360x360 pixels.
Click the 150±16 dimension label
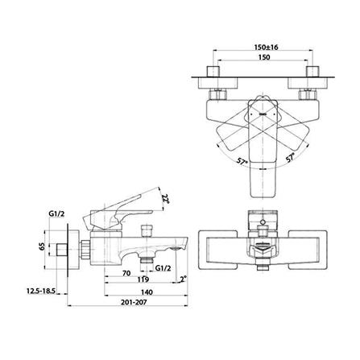pyautogui.click(x=266, y=48)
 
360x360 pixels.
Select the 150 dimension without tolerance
pyautogui.click(x=264, y=57)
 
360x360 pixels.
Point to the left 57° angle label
pyautogui.click(x=242, y=162)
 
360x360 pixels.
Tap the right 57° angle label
pyautogui.click(x=290, y=158)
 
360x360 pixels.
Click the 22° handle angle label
pyautogui.click(x=164, y=199)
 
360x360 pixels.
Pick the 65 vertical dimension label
pyautogui.click(x=41, y=246)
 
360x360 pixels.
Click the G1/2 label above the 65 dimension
pyautogui.click(x=56, y=214)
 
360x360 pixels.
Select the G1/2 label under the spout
pyautogui.click(x=163, y=268)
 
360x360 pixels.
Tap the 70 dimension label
pyautogui.click(x=126, y=273)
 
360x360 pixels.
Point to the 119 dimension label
pyautogui.click(x=143, y=279)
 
